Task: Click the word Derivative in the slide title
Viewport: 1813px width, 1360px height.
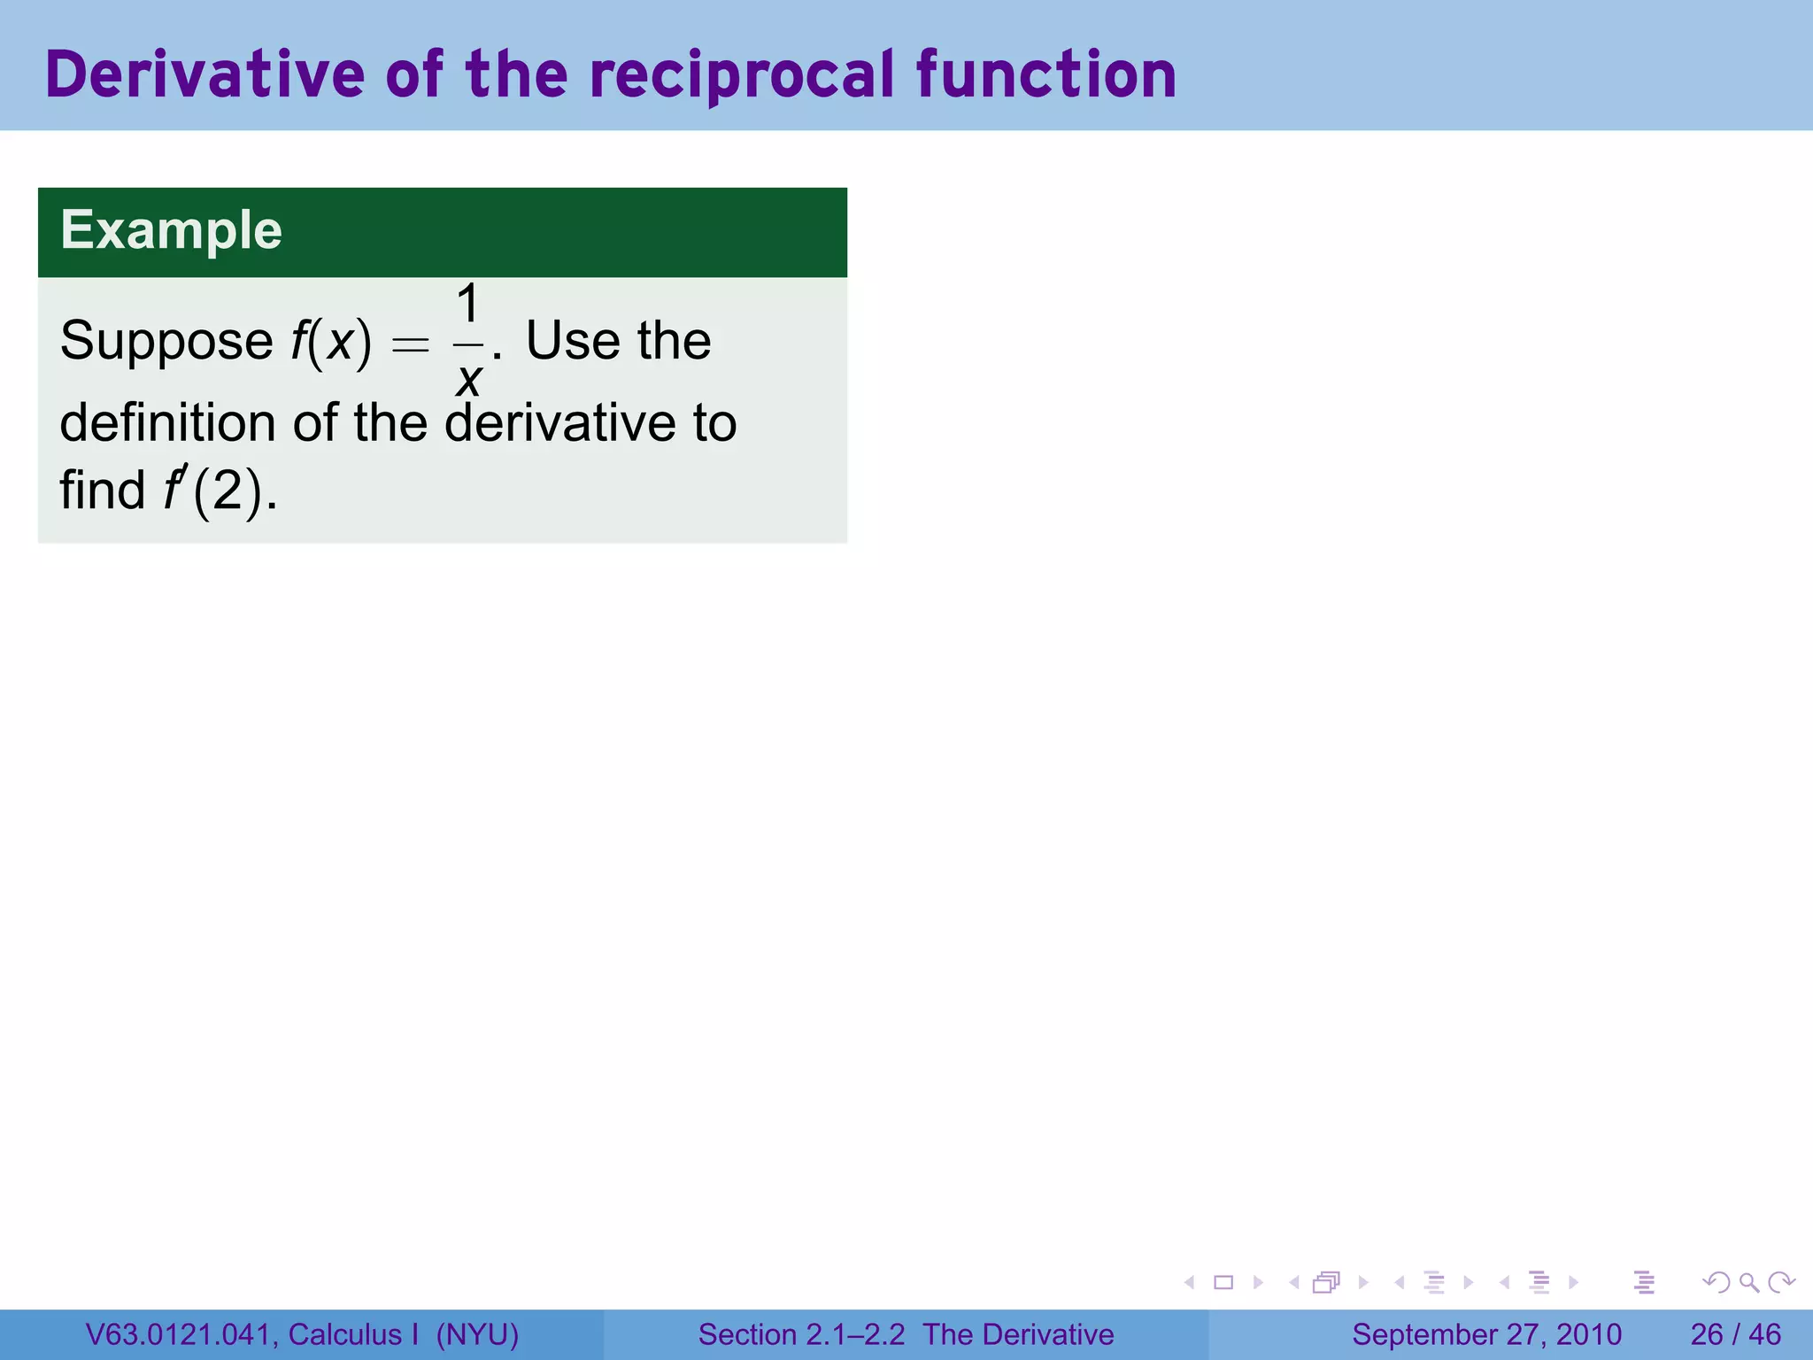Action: click(204, 74)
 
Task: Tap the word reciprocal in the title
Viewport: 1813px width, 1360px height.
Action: click(742, 74)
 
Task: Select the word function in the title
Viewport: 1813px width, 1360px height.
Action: click(1046, 74)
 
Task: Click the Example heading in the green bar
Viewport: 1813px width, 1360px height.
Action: click(171, 230)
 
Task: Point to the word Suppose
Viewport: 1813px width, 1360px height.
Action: click(166, 342)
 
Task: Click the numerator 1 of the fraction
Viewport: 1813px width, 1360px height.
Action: click(468, 304)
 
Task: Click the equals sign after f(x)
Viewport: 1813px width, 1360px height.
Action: click(410, 344)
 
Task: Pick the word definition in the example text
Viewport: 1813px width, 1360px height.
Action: click(167, 422)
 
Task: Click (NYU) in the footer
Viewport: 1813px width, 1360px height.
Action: click(477, 1334)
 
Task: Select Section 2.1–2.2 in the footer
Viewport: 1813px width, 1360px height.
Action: click(801, 1334)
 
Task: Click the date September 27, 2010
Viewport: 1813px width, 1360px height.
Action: click(1486, 1334)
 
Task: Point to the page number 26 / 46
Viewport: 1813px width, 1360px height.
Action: click(1735, 1334)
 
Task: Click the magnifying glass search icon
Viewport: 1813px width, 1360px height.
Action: click(1748, 1282)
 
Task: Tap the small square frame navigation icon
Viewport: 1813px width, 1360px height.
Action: click(1223, 1282)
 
